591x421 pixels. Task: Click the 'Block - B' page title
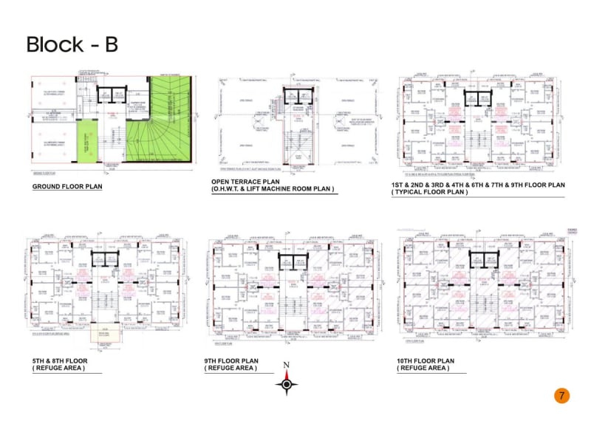coord(72,44)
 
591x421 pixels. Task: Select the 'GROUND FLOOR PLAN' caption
coord(66,187)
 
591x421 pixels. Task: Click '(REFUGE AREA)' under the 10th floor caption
coord(423,368)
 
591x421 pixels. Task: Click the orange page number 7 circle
coord(561,395)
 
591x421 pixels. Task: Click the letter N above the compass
coord(287,366)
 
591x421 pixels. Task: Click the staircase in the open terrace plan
coord(297,140)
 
